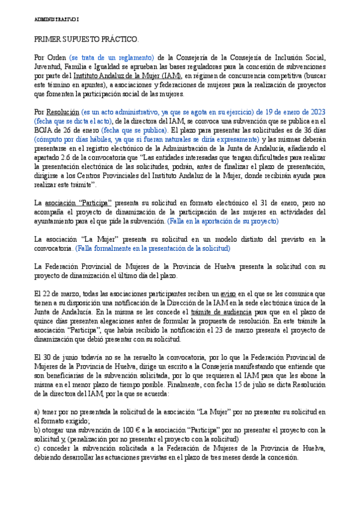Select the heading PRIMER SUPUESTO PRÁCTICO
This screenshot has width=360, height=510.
pyautogui.click(x=86, y=40)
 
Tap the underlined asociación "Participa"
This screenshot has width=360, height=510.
pyautogui.click(x=77, y=203)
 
